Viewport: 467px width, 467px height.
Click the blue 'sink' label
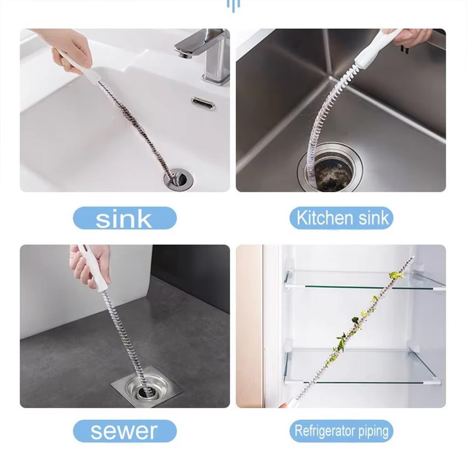125,218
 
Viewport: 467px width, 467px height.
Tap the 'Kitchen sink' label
341,218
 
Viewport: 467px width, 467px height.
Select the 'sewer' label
125,431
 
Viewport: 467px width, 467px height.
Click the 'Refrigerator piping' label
341,431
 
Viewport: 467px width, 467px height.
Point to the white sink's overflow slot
203,104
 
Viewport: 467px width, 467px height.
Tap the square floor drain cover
146,388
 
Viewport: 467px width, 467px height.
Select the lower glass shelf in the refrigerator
360,367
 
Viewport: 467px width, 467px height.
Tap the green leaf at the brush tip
396,275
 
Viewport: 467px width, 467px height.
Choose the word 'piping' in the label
371,431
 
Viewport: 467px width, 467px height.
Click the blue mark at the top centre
233,5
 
